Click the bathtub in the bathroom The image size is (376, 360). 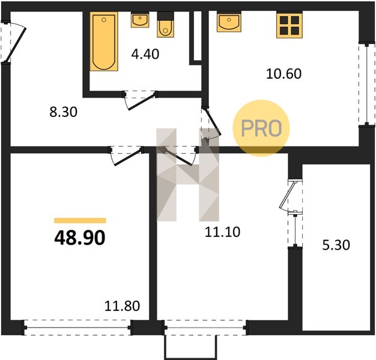click(104, 41)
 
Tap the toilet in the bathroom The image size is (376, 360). click(165, 25)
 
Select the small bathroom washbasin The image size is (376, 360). click(140, 20)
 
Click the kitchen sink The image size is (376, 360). click(229, 22)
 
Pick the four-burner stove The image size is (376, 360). click(289, 25)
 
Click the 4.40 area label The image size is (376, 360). click(145, 54)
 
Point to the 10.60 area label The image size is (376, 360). click(284, 74)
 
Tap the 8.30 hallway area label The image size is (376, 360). click(63, 112)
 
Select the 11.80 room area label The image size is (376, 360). click(122, 306)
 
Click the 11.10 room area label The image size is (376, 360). click(222, 232)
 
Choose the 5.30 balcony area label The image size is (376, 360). click(336, 245)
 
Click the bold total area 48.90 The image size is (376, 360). click(80, 238)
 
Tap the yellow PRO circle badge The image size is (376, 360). click(261, 128)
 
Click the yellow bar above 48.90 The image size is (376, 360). click(80, 220)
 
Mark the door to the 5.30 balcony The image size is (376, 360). click(291, 196)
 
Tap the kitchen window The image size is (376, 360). click(366, 84)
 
